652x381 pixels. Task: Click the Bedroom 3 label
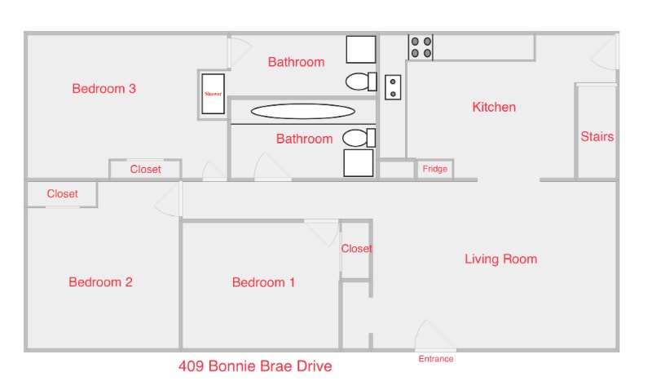[104, 89]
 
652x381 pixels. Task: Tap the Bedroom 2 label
[100, 282]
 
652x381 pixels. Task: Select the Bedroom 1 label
[263, 282]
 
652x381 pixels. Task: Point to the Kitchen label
[494, 107]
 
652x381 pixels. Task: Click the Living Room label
[500, 259]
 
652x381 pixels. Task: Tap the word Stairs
[597, 137]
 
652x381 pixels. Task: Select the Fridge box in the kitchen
[434, 170]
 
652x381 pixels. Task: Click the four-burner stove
[421, 47]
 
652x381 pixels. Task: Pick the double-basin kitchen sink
[393, 86]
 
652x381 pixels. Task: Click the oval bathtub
[302, 112]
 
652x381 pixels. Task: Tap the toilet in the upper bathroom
[361, 81]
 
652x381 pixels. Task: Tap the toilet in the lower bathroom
[359, 137]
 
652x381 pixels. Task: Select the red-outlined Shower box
[213, 94]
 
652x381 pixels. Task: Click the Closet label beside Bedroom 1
[356, 249]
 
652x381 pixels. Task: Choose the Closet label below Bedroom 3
[145, 170]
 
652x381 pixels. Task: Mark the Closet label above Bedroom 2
[62, 194]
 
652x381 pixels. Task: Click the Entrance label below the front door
[436, 359]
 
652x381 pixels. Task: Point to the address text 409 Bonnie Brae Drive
[255, 366]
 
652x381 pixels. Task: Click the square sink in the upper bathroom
[361, 49]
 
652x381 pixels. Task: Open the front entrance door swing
[434, 336]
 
